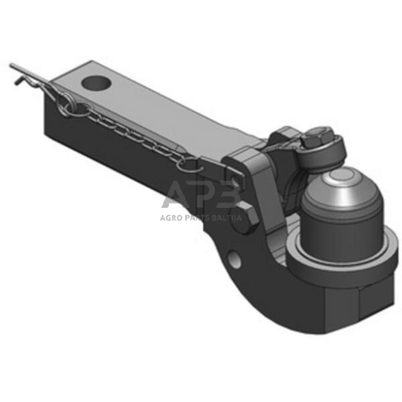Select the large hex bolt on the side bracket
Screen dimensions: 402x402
click(x=247, y=217)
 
